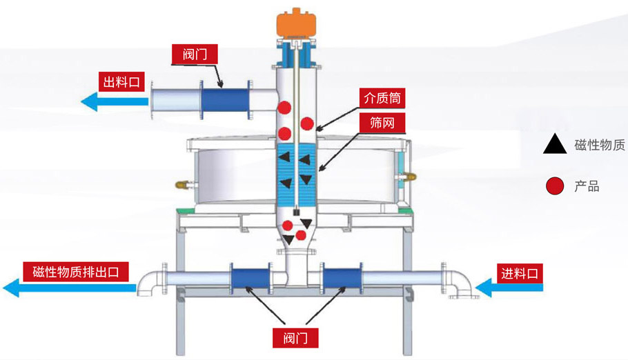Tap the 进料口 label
click(519, 272)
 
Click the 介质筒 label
click(382, 98)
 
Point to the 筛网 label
click(382, 123)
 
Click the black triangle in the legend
click(553, 144)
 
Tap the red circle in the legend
click(553, 186)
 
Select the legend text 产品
click(587, 186)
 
